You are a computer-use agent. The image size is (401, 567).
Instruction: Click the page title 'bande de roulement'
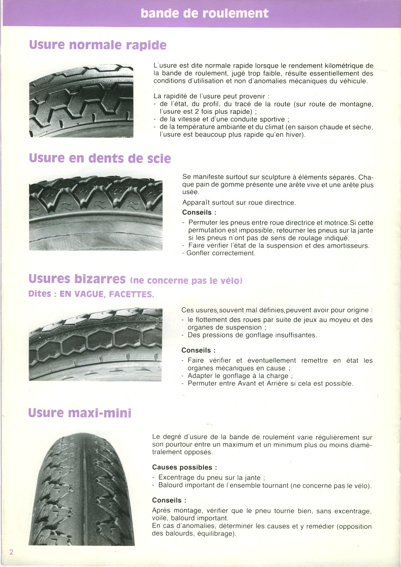pos(205,13)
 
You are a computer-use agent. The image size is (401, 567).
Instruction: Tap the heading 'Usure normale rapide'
pos(98,45)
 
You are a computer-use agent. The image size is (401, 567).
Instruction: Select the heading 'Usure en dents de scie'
pos(100,158)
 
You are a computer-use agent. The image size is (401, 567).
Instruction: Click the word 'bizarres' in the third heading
pos(102,278)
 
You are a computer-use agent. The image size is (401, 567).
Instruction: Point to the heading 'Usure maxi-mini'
pos(80,413)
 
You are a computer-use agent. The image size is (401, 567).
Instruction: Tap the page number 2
pos(11,551)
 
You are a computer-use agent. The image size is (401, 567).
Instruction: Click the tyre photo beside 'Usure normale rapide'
pos(81,100)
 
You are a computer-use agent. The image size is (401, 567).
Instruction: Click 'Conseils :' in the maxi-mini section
pos(169,500)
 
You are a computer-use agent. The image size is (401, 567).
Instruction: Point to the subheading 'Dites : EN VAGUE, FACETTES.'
pos(91,294)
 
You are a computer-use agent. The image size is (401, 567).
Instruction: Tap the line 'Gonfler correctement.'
pos(219,253)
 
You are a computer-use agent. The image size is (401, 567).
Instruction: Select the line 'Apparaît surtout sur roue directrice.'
pos(239,203)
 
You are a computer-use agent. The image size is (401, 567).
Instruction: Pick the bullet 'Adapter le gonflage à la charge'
pos(238,375)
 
